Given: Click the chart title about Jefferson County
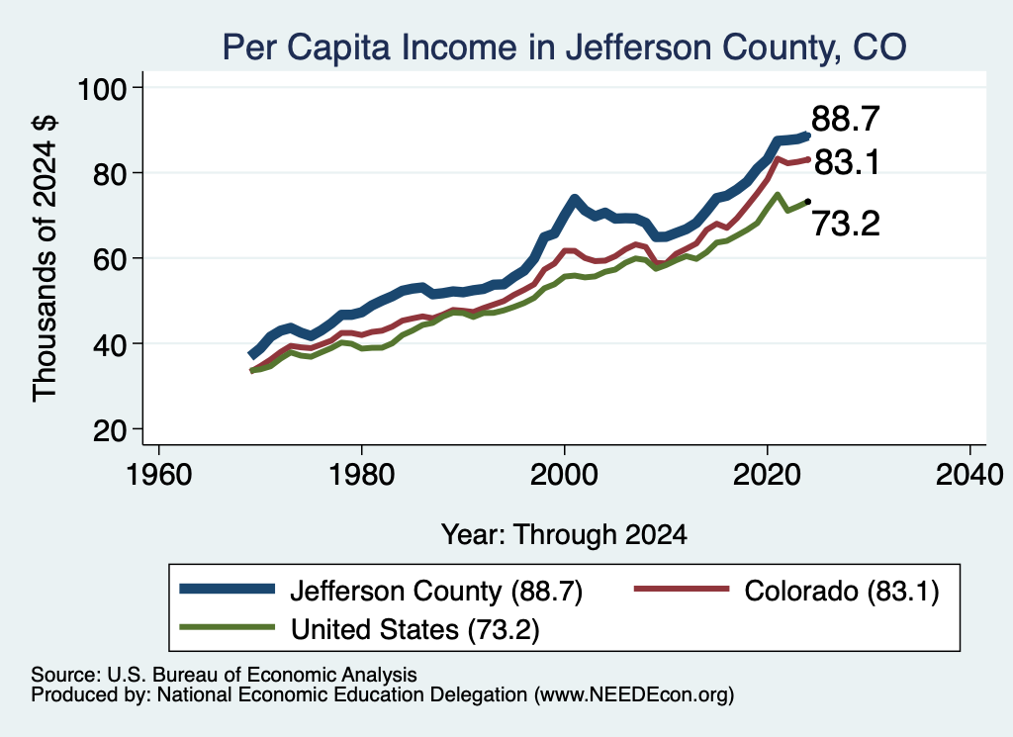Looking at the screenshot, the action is click(564, 47).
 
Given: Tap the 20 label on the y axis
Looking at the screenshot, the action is click(109, 430).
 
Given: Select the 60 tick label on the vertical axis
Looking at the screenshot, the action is click(109, 259).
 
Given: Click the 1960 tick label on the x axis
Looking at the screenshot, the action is click(159, 476).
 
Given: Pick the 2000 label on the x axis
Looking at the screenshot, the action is click(564, 476).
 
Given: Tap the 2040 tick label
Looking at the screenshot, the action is click(969, 476).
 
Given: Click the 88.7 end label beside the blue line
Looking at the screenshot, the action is click(845, 119).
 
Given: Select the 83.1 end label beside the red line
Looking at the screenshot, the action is click(847, 162).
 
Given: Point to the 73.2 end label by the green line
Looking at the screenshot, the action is click(845, 224).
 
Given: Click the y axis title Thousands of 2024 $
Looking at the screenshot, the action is click(45, 258).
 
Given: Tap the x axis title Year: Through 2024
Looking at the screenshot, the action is click(564, 535).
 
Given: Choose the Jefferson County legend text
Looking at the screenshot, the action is click(436, 591).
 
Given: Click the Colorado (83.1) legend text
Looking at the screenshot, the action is click(841, 591).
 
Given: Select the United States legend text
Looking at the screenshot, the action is click(414, 629).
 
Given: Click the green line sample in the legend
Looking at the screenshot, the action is click(228, 627).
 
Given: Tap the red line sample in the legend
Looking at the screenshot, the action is click(682, 589).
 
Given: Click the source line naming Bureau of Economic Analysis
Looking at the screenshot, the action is click(224, 675).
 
